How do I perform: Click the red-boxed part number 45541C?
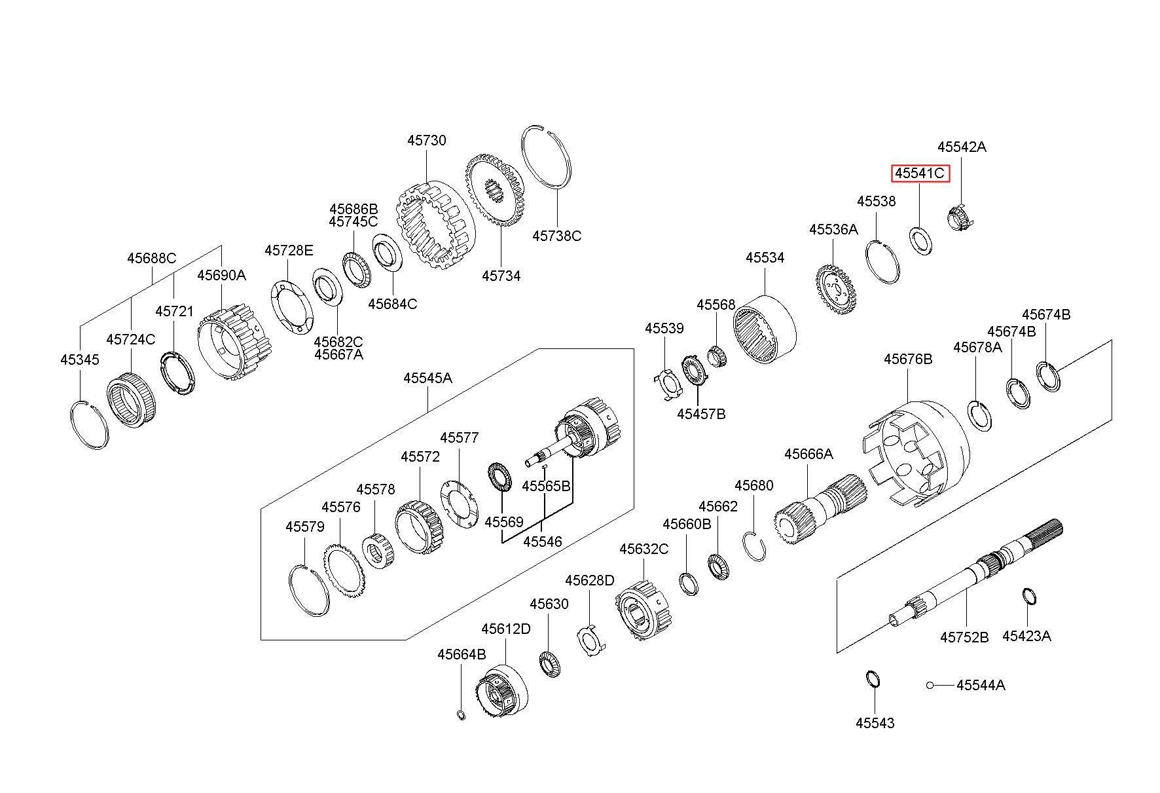click(920, 174)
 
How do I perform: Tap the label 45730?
click(426, 140)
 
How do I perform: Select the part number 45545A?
click(427, 378)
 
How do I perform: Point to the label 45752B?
click(964, 636)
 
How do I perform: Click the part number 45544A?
click(981, 685)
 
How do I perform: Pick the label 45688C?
click(151, 258)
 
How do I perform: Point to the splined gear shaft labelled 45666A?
click(820, 511)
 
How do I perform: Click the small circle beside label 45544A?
click(930, 685)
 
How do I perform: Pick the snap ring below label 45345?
click(89, 424)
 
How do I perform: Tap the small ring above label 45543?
click(873, 678)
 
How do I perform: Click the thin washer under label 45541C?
click(921, 240)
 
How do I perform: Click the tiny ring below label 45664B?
click(461, 714)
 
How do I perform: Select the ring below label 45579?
click(309, 589)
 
